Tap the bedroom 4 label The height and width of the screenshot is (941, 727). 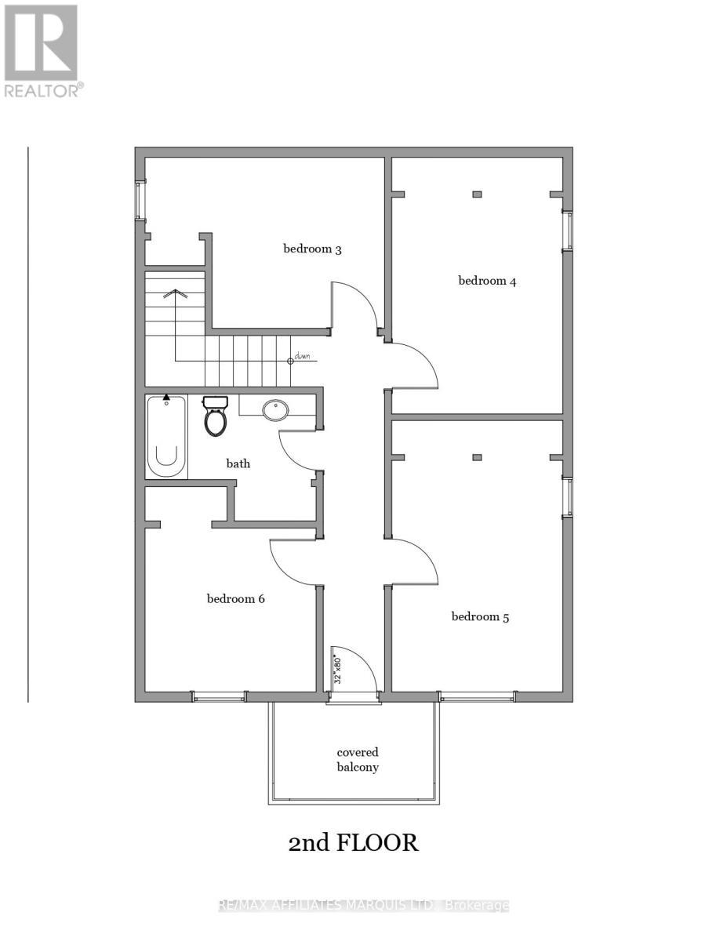click(x=487, y=281)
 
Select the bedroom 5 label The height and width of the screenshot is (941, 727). click(x=480, y=617)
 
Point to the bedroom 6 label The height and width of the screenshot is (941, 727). click(x=235, y=599)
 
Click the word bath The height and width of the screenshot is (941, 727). click(x=238, y=463)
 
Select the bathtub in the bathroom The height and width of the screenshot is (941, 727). click(x=166, y=437)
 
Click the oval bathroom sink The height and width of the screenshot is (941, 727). click(x=275, y=409)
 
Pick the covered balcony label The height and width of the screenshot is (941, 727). click(x=358, y=760)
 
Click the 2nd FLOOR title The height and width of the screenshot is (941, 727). click(x=354, y=843)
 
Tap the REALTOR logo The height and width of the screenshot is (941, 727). click(x=41, y=51)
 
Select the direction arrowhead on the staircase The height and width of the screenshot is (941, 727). click(x=176, y=294)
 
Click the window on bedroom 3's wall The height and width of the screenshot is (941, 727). click(x=140, y=200)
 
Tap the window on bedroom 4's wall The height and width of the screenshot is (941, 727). click(x=568, y=231)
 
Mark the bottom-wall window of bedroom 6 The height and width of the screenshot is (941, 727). click(x=219, y=696)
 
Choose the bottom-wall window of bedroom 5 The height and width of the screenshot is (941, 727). click(x=477, y=696)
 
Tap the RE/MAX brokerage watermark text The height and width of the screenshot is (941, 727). click(x=363, y=906)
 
